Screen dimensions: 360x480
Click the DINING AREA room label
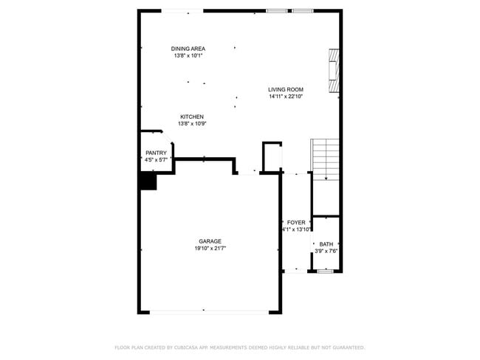pyautogui.click(x=188, y=49)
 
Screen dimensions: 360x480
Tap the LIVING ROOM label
pyautogui.click(x=286, y=89)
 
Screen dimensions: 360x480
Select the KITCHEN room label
pyautogui.click(x=192, y=117)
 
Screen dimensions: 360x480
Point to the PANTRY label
pyautogui.click(x=156, y=153)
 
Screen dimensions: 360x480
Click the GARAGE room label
pyautogui.click(x=210, y=241)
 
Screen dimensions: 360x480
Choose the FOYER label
pyautogui.click(x=296, y=222)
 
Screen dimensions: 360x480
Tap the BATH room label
pyautogui.click(x=326, y=244)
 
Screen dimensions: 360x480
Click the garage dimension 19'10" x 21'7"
pyautogui.click(x=210, y=249)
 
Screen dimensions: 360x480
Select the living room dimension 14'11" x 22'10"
pyautogui.click(x=286, y=97)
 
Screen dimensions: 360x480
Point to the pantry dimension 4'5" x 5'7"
pyautogui.click(x=156, y=159)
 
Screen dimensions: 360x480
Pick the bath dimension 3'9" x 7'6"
pyautogui.click(x=326, y=251)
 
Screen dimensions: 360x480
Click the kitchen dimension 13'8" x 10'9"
pyautogui.click(x=192, y=124)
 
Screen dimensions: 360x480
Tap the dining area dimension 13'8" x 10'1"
pyautogui.click(x=188, y=56)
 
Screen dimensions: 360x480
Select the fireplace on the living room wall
pyautogui.click(x=335, y=72)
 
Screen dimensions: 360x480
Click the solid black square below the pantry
pyautogui.click(x=148, y=181)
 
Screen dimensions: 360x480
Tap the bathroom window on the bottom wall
pyautogui.click(x=326, y=271)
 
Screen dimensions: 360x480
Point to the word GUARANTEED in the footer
pyautogui.click(x=346, y=347)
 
